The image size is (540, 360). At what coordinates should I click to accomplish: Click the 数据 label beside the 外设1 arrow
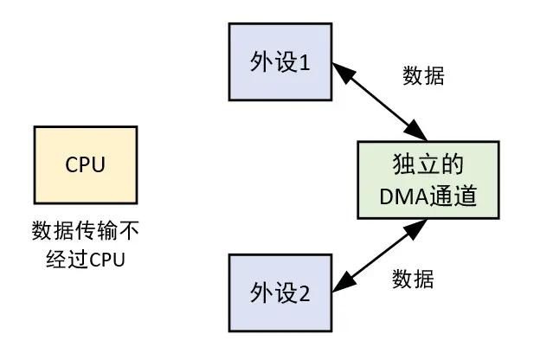(x=424, y=75)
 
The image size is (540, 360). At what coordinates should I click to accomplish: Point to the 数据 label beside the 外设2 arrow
(x=413, y=279)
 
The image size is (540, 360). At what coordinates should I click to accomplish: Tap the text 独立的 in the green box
(x=428, y=164)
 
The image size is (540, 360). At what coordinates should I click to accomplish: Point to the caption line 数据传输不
(x=85, y=232)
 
